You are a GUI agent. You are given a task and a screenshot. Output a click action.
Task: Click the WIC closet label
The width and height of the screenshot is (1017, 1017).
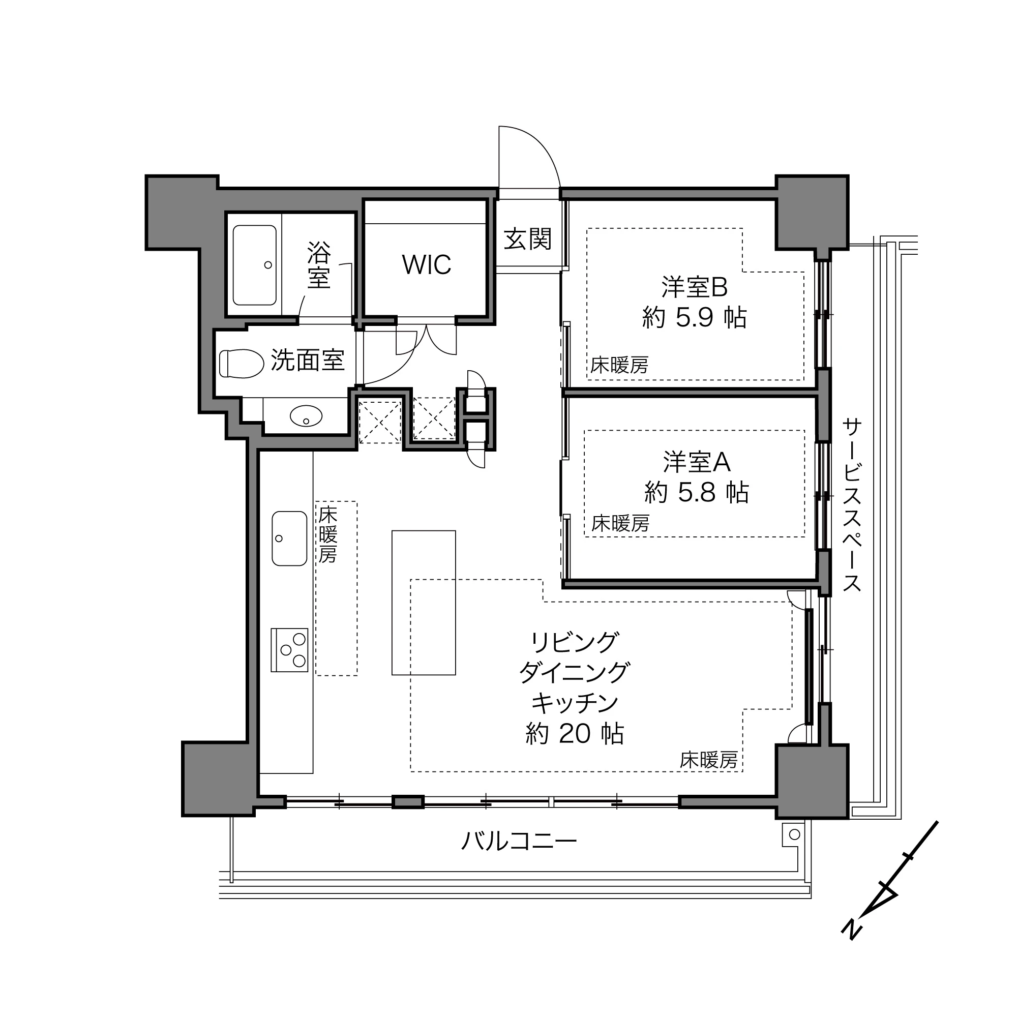pos(427,265)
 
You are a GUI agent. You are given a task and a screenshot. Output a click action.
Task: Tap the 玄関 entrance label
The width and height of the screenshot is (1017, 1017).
pos(527,239)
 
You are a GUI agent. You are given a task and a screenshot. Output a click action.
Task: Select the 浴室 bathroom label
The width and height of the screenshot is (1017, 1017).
pos(319,265)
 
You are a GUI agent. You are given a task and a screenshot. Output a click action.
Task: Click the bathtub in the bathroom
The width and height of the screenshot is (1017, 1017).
pos(254,265)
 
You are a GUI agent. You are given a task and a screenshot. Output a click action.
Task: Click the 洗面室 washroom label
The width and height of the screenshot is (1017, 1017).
pos(308,361)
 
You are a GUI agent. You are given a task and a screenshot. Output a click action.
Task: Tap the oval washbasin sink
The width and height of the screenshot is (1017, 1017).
pos(306,416)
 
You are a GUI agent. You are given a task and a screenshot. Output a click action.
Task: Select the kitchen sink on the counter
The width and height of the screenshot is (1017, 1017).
pos(289,538)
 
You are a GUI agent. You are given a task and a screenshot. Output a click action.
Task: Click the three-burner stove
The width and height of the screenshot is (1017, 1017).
pos(289,649)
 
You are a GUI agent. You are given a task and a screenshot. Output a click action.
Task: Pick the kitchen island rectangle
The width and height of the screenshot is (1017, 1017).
pos(423,602)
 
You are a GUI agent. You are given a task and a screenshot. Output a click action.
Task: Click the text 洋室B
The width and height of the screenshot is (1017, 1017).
pos(694,287)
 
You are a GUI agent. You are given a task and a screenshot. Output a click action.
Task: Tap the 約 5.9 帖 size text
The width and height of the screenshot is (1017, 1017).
pos(694,317)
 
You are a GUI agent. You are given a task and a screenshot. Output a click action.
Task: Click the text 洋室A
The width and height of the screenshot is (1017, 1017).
pos(697,462)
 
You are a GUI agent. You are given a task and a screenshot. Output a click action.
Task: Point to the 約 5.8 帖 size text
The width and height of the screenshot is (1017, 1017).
pos(697,493)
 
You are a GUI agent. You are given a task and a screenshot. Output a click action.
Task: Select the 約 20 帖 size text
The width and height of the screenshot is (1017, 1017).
pos(574,733)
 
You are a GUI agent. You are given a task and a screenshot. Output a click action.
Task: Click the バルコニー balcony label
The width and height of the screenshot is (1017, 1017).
pos(519,841)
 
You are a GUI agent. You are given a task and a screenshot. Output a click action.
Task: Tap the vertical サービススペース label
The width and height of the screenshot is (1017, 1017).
pos(851,505)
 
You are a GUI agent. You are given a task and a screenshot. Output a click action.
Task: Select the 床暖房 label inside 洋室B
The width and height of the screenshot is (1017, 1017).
pos(619,365)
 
